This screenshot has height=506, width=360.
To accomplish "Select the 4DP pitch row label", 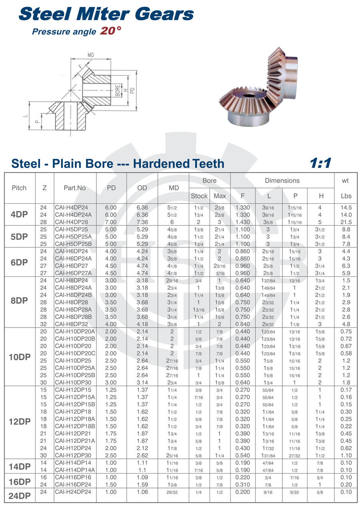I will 20,215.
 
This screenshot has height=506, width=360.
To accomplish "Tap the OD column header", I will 142,188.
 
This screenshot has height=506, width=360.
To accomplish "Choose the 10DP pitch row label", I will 20,357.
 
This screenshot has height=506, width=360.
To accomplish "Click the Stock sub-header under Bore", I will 199,196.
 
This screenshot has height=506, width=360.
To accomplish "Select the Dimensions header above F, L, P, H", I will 282,181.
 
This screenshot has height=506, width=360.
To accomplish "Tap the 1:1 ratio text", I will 320,163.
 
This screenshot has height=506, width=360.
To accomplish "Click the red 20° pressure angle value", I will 110,31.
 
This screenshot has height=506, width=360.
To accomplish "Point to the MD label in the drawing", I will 91,55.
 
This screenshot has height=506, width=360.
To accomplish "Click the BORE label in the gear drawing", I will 117,90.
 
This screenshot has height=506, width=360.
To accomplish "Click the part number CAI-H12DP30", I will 73,456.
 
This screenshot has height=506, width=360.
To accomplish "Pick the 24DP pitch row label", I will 20,496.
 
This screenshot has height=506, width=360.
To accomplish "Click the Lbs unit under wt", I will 346,196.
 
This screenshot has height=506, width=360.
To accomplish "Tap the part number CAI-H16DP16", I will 73,478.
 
